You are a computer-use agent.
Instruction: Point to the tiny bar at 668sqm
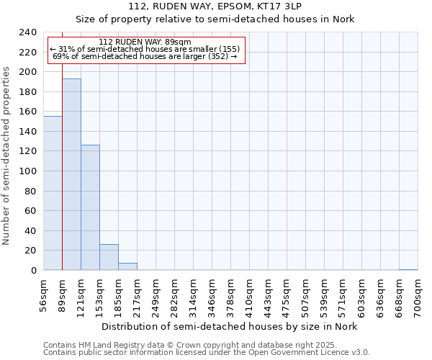(408, 269)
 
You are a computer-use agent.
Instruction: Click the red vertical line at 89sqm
(63, 180)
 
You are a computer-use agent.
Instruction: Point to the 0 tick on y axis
(33, 271)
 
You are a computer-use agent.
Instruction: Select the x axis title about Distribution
(229, 326)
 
